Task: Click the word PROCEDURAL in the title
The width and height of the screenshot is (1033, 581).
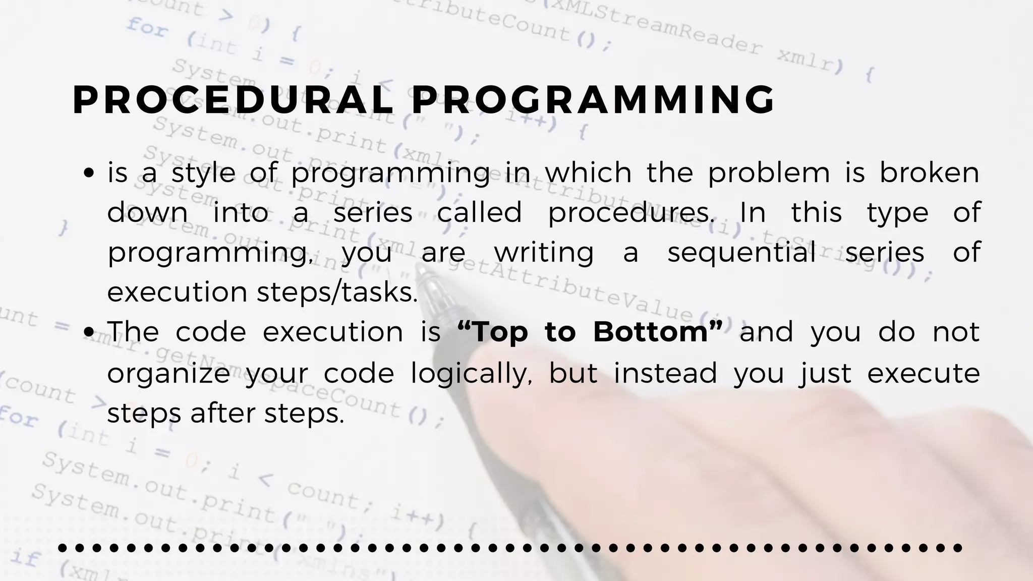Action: [233, 100]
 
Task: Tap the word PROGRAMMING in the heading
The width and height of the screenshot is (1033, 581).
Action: [593, 100]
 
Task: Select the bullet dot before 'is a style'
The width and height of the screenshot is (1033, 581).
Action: [89, 173]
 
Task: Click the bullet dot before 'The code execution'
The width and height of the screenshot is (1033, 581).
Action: [89, 332]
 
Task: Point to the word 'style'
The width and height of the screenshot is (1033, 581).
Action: [203, 173]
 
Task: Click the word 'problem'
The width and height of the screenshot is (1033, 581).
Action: [769, 173]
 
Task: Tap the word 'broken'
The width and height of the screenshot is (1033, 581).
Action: [929, 173]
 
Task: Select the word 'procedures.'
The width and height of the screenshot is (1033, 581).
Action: [631, 213]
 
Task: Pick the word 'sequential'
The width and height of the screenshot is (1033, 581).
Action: [742, 252]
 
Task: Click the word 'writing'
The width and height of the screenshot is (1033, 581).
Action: [544, 252]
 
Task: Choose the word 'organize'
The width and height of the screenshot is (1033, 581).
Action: [168, 374]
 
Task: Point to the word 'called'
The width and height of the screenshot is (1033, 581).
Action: [479, 213]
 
